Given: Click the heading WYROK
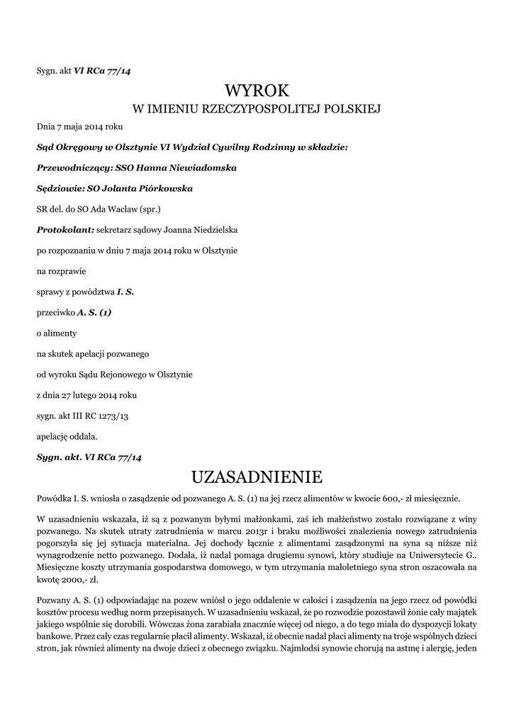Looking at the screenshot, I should pyautogui.click(x=257, y=91).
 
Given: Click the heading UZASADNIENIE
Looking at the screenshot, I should pyautogui.click(x=257, y=475).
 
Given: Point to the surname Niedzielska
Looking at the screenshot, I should pyautogui.click(x=215, y=230).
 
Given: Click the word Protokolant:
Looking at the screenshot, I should pyautogui.click(x=65, y=230).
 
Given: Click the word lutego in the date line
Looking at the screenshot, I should pyautogui.click(x=86, y=394).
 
